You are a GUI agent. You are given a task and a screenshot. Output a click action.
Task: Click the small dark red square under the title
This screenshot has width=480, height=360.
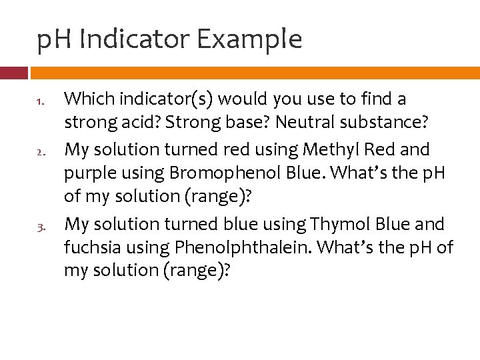[x=13, y=73]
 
